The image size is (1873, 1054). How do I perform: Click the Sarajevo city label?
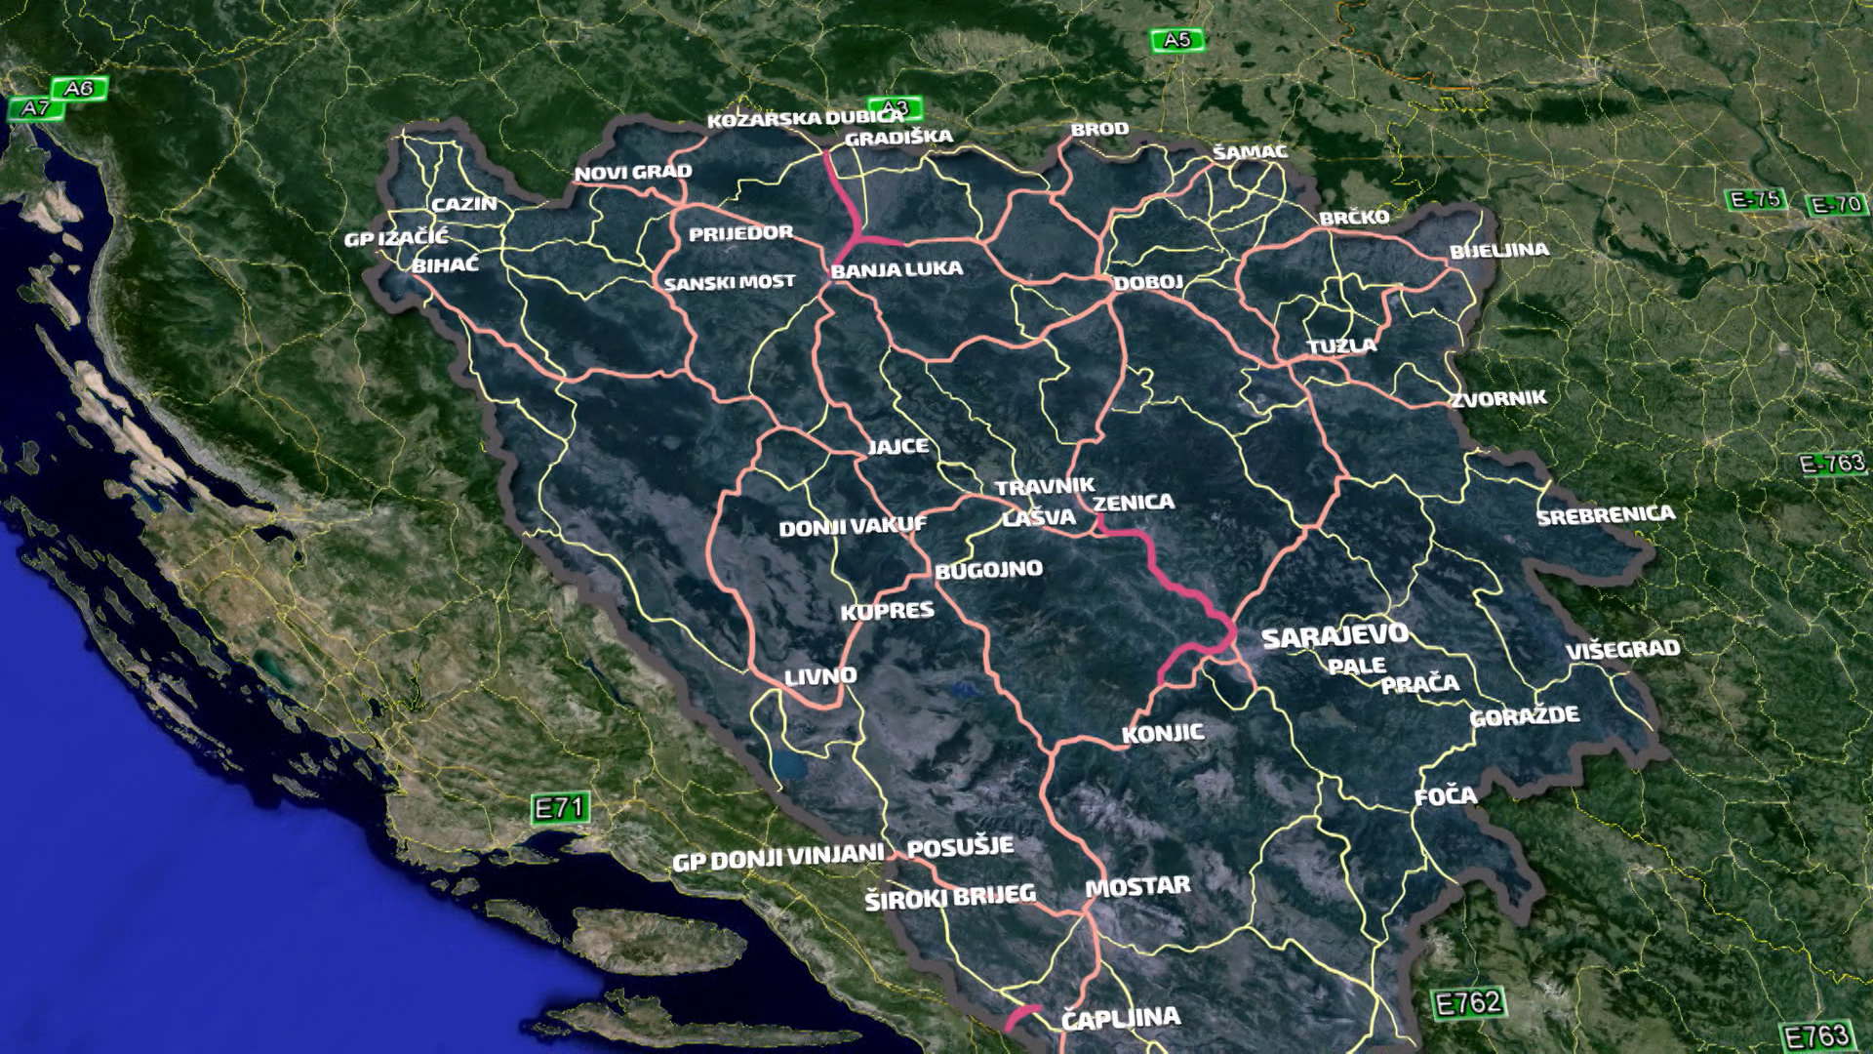(1335, 636)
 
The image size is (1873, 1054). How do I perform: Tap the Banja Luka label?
(897, 269)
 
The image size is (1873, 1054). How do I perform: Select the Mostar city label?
(1137, 887)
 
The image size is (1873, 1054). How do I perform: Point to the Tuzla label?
(1341, 345)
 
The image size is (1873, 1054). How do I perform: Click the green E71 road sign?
(560, 808)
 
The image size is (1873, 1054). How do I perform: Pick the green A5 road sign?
(1176, 40)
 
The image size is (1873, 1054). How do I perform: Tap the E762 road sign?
(1468, 1002)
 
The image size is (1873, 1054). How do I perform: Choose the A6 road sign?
(78, 89)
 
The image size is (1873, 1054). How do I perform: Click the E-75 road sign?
(1755, 200)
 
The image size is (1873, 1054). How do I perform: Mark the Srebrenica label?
(1606, 514)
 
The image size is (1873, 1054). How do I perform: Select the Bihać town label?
(445, 264)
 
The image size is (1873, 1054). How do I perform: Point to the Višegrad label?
(1623, 649)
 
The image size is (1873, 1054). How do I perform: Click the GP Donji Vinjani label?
(777, 858)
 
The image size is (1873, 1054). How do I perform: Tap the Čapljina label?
(1120, 1018)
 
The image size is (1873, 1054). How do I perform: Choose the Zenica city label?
(1134, 503)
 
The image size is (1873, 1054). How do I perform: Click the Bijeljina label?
(1498, 251)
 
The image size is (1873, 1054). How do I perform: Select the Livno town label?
(820, 675)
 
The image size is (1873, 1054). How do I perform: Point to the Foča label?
(1446, 796)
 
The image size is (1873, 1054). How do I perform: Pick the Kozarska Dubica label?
(806, 119)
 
